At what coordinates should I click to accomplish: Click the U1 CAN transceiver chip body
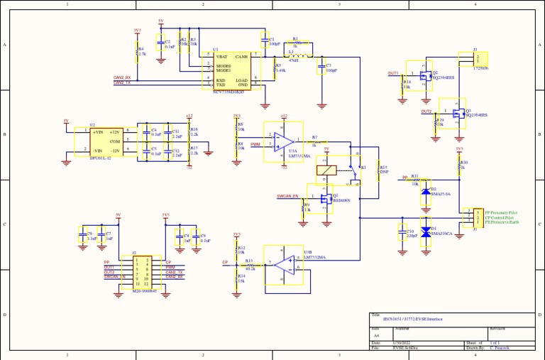[x=231, y=70]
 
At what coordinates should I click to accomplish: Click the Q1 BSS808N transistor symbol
[x=323, y=198]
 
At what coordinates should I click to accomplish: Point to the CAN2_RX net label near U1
[x=122, y=77]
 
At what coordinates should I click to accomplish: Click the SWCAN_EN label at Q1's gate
[x=287, y=197]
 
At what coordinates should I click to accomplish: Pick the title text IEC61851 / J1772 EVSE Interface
[x=412, y=320]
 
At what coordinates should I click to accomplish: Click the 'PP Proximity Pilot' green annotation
[x=501, y=212]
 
